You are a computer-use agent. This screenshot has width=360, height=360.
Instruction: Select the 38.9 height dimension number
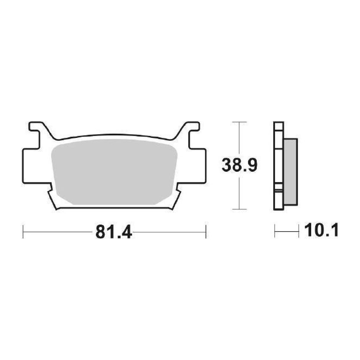tap(239, 165)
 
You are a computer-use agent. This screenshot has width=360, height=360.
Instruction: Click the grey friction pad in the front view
tap(114, 171)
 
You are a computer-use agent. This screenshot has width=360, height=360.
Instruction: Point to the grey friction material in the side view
tap(291, 172)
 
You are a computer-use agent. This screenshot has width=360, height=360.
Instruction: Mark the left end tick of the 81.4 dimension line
tap(23, 232)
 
